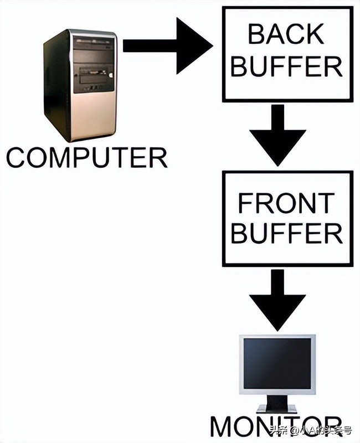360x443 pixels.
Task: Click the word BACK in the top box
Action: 287,34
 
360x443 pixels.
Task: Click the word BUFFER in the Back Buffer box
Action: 287,67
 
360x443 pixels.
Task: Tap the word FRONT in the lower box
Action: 287,203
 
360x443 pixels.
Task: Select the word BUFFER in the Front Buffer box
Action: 287,234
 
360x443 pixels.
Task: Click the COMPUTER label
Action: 86,157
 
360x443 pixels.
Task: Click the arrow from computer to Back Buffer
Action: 166,45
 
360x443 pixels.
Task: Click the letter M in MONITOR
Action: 223,428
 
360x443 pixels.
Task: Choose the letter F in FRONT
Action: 244,203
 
